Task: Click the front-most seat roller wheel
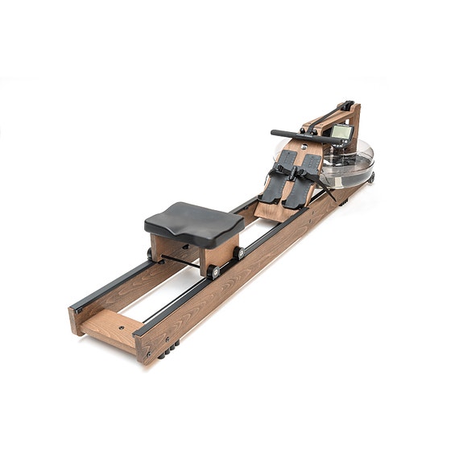(213, 271)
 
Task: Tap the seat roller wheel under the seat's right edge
(240, 253)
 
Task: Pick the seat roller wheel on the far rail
(149, 254)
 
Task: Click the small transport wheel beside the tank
(371, 176)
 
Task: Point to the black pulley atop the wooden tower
(347, 105)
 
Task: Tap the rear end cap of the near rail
(141, 331)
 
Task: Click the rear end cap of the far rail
(75, 307)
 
